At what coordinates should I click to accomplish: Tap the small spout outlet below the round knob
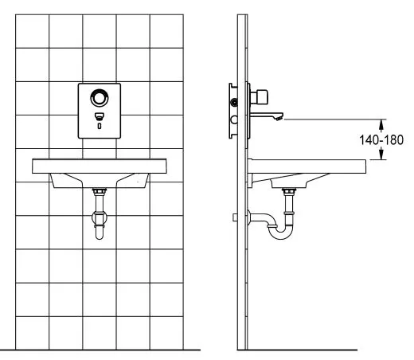tap(100, 116)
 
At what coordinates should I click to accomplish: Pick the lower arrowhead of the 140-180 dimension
tap(381, 155)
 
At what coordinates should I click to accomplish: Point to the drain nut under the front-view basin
tap(100, 192)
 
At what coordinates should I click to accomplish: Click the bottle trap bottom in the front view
tap(100, 233)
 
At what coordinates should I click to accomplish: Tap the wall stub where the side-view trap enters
tap(236, 217)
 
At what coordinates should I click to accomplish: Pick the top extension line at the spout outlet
tap(334, 119)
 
